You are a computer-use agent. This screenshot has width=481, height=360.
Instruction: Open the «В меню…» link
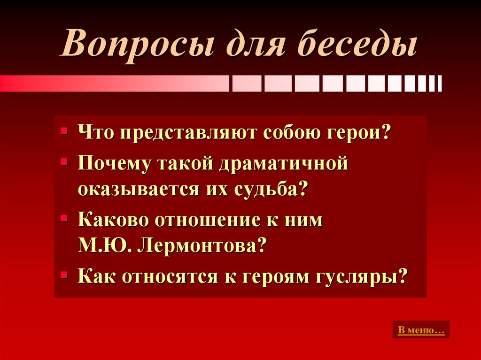click(421, 330)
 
